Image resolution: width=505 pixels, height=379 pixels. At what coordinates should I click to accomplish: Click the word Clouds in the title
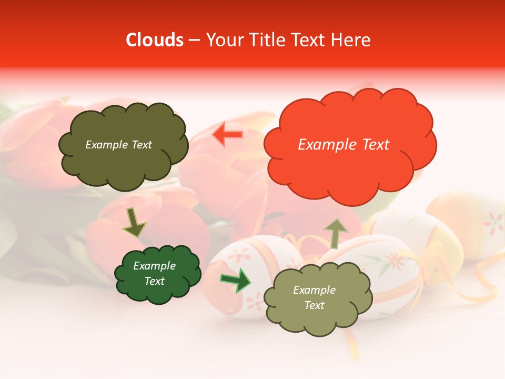click(x=155, y=40)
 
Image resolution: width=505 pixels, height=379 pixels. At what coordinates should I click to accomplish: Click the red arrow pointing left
click(x=227, y=135)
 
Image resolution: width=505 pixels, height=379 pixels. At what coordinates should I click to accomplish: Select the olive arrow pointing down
click(x=134, y=223)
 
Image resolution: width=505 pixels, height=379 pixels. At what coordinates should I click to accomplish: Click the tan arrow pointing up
click(x=335, y=233)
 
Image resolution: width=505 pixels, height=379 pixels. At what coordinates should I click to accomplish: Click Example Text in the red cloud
click(x=344, y=145)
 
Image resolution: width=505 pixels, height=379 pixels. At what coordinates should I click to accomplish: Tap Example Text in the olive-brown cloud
click(x=118, y=145)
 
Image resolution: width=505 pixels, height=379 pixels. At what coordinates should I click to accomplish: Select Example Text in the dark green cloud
click(x=154, y=274)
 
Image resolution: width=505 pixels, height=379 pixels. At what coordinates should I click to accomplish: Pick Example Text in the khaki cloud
click(x=314, y=297)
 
